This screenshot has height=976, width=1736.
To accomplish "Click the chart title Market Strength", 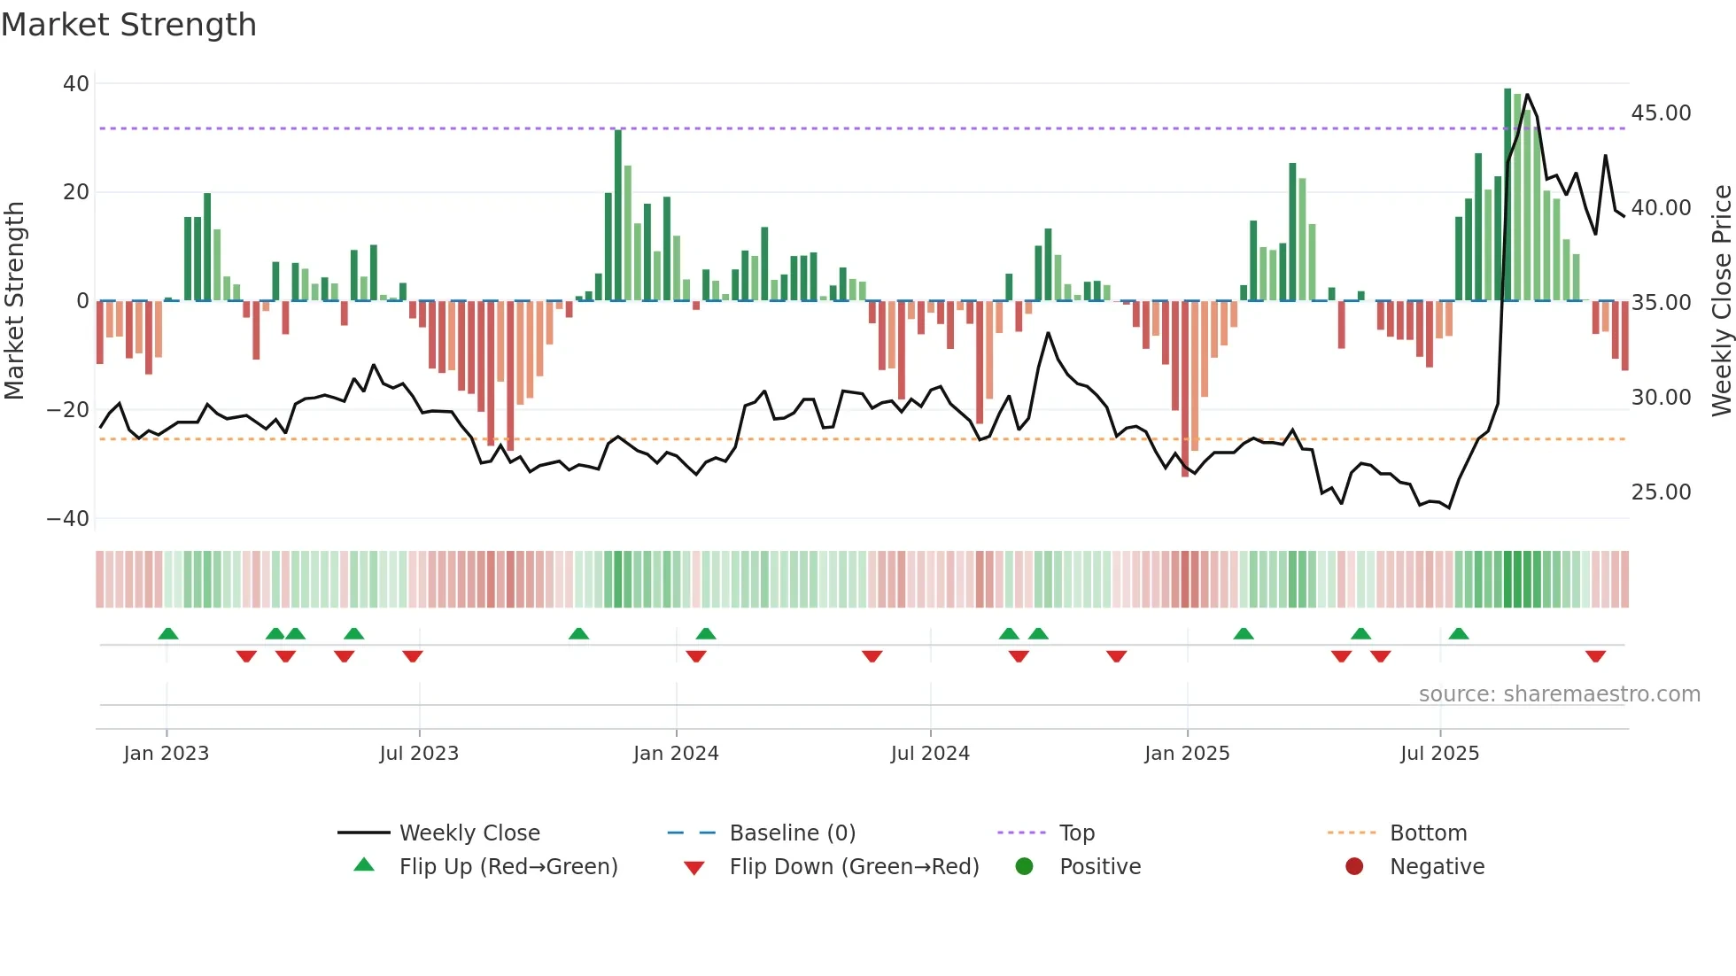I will tap(128, 25).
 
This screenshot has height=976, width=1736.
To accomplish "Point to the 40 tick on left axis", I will tap(76, 84).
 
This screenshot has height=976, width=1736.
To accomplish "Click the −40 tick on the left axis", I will tap(68, 519).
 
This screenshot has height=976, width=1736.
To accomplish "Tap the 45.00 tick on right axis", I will tap(1661, 113).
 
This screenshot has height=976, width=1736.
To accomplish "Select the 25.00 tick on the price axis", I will tap(1661, 492).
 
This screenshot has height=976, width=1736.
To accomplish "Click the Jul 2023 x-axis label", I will tap(419, 754).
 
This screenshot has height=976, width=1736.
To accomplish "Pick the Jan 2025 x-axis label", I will tap(1187, 754).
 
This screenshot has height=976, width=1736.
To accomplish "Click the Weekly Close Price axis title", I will tap(1721, 300).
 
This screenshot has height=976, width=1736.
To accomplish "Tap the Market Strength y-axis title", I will tap(15, 300).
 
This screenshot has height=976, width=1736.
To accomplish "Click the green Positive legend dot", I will tap(1025, 867).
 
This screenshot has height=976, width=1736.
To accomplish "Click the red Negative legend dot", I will tap(1354, 867).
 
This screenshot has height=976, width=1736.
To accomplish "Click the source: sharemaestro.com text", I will tap(1559, 694).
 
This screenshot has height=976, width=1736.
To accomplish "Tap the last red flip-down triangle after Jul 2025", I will tap(1595, 656).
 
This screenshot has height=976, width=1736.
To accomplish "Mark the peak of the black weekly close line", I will tap(1527, 95).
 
